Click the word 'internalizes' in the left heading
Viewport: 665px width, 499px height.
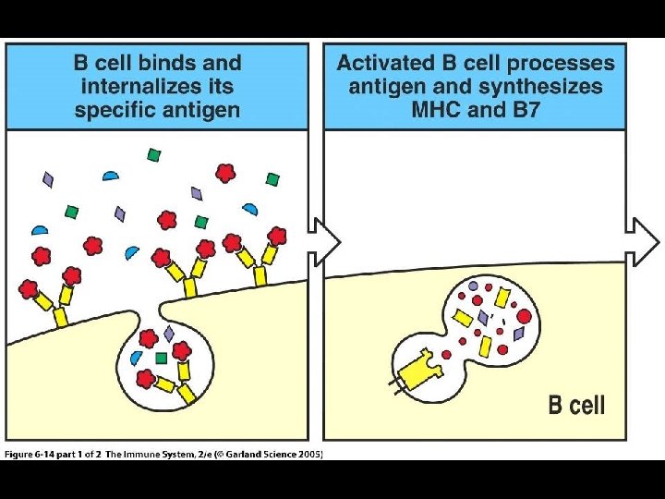[x=132, y=87]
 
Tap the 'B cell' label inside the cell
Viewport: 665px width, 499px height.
[x=576, y=404]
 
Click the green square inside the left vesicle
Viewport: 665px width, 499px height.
[x=161, y=357]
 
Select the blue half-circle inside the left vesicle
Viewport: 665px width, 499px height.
[x=137, y=358]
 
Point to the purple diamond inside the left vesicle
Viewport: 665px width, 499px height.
[x=169, y=333]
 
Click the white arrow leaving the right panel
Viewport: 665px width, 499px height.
[x=644, y=241]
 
